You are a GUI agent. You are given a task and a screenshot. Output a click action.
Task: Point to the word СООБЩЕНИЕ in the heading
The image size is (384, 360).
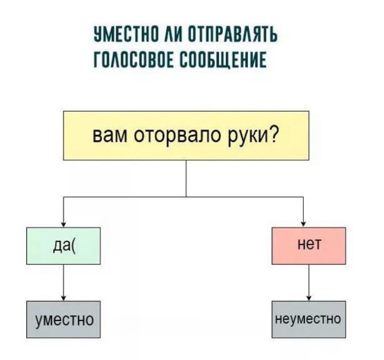coord(223,60)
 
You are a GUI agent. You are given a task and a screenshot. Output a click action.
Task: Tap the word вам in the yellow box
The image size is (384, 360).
coord(110,136)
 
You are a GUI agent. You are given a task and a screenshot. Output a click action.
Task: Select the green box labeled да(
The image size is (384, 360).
coord(64,245)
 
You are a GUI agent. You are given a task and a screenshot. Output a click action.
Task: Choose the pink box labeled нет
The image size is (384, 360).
coord(309,245)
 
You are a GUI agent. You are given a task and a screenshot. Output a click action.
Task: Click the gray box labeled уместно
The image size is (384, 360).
coord(64,319)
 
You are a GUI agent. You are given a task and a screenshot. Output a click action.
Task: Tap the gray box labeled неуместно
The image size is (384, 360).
coord(309,319)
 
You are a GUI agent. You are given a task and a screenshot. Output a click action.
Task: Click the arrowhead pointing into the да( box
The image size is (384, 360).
coord(64,225)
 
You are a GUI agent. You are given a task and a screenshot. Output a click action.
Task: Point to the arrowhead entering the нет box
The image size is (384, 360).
coord(303,225)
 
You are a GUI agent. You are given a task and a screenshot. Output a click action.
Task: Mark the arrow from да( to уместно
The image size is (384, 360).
coord(64,283)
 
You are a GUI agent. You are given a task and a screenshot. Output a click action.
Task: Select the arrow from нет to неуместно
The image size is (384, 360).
coord(309,283)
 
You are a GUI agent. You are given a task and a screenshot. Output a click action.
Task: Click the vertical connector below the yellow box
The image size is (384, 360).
coord(186,179)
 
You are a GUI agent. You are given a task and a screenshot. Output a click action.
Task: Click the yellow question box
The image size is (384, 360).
coord(186,135)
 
